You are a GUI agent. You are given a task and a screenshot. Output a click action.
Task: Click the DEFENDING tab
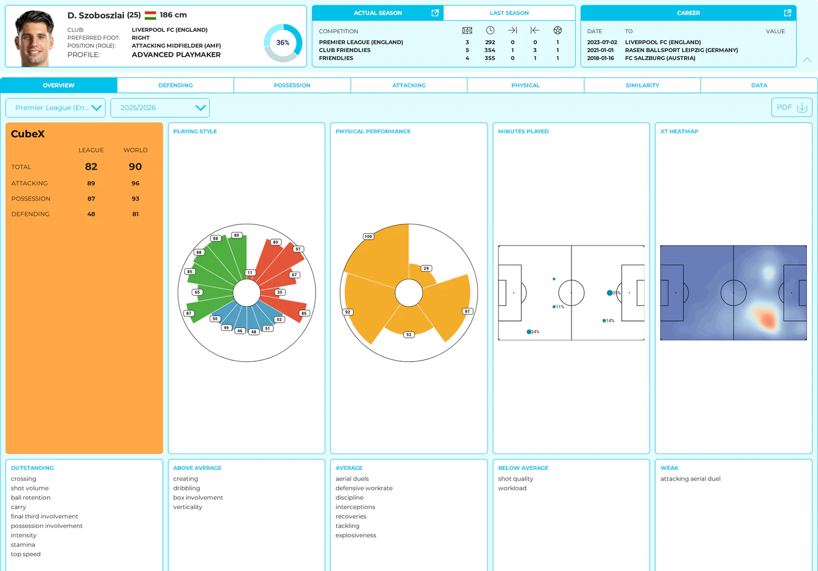175,85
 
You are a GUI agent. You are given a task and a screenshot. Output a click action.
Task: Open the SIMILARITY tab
642,85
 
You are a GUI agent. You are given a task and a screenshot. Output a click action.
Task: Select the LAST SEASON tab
509,13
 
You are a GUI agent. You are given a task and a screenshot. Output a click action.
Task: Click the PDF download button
792,108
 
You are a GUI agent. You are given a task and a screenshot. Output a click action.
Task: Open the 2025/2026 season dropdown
160,108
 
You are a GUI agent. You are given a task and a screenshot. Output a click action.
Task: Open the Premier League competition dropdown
56,108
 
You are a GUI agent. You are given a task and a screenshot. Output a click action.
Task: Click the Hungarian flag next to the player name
151,15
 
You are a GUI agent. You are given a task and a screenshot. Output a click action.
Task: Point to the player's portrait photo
34,39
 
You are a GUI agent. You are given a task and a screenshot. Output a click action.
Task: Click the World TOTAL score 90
135,167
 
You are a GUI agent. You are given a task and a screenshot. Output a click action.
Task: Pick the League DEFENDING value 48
91,214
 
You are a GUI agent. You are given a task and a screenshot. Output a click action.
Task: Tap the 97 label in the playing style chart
299,249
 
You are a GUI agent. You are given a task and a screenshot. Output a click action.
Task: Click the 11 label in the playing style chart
250,272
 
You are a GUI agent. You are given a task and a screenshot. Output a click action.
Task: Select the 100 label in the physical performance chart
368,236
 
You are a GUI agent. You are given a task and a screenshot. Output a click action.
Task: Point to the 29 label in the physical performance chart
426,268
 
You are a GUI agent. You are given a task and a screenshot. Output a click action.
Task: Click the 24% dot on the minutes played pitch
529,332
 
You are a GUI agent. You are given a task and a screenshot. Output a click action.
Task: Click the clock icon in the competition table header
490,30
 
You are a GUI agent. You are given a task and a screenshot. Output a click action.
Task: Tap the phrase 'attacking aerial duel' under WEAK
690,479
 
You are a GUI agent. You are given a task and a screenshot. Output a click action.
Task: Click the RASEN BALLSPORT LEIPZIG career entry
681,50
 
